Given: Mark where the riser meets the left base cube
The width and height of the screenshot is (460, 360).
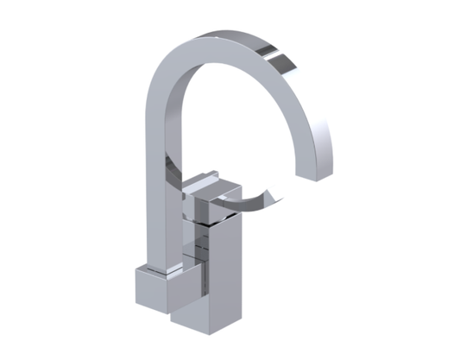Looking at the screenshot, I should pos(156,263).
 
